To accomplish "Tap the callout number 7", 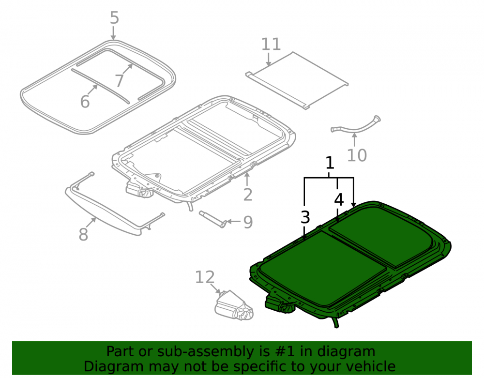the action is [120, 80].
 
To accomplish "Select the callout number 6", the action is [85, 101].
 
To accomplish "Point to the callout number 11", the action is [271, 44].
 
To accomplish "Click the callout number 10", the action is [357, 155].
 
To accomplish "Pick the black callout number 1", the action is [330, 163].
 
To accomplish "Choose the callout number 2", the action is [247, 195].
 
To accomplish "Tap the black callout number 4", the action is [339, 199].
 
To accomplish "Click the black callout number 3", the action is [305, 217].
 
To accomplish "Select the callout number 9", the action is [248, 222].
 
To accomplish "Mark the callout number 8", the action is [83, 235].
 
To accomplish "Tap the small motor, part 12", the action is [234, 305].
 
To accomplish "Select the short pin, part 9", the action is [212, 219].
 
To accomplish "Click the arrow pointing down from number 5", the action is [113, 33].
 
